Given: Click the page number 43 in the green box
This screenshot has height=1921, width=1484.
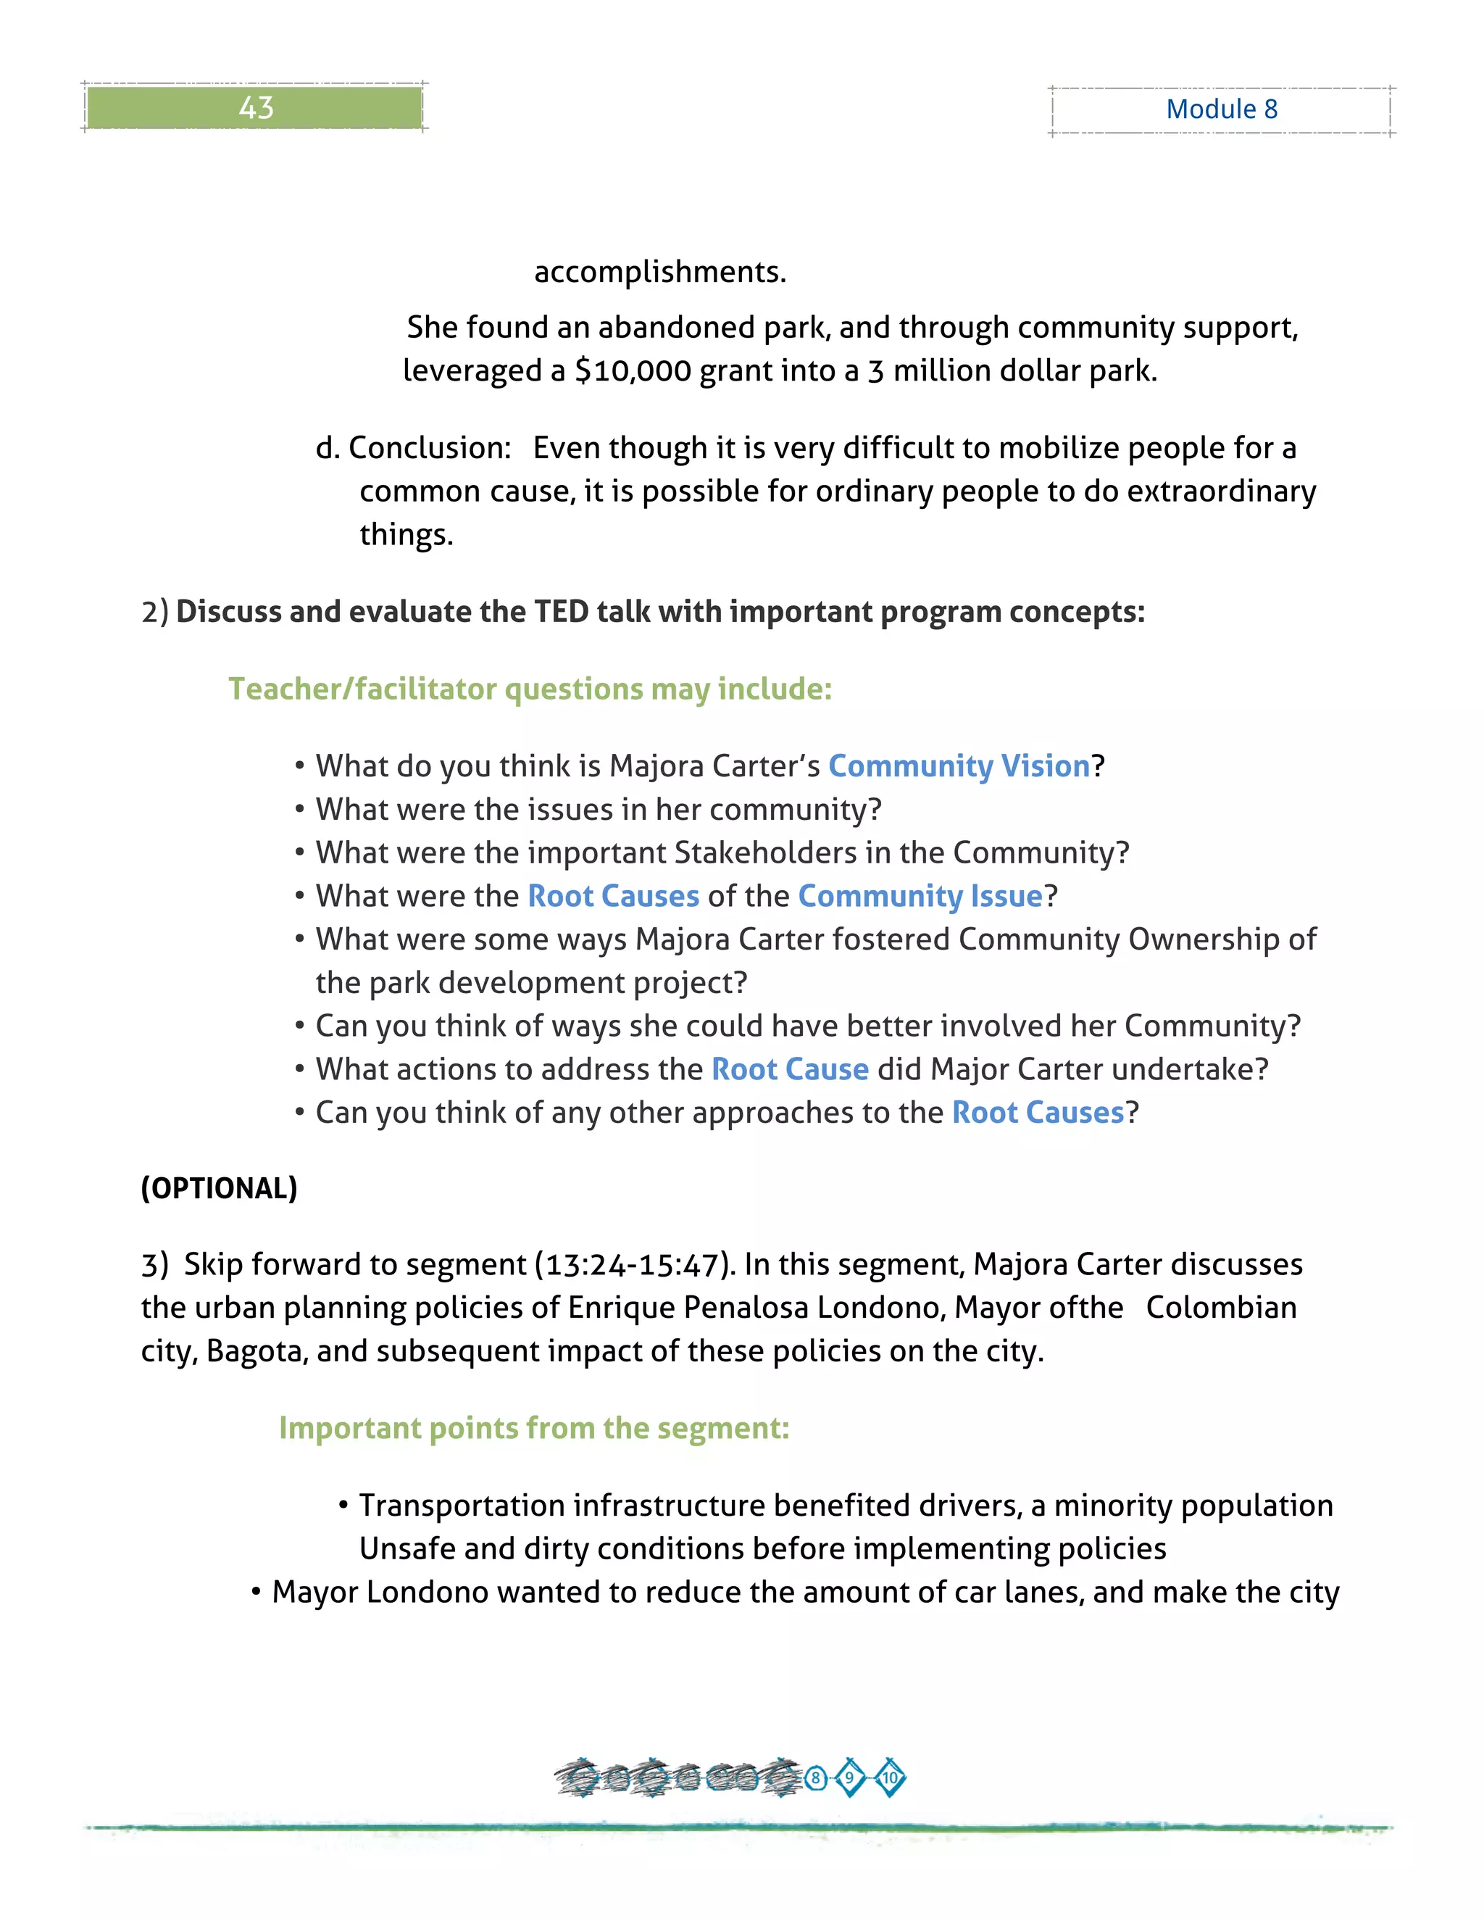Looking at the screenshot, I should (256, 107).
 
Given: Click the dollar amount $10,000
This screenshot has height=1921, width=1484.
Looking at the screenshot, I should (633, 370).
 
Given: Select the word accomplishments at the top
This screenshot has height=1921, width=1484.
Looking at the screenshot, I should (659, 272).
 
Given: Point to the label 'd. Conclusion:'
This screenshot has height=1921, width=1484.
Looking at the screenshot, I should (413, 448).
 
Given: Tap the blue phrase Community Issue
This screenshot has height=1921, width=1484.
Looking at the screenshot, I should (920, 896).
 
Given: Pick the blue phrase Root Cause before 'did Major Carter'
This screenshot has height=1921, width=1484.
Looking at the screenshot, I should (790, 1069).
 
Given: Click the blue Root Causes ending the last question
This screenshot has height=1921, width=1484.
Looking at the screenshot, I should (1038, 1113).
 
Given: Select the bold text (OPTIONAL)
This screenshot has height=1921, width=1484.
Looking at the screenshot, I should (219, 1188).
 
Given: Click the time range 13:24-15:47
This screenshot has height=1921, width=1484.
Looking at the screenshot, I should (632, 1265).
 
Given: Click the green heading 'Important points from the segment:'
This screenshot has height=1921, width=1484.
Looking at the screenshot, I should (533, 1429).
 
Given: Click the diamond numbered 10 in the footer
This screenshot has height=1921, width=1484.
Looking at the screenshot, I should (890, 1778).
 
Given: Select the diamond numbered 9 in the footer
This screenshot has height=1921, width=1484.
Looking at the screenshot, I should (849, 1778).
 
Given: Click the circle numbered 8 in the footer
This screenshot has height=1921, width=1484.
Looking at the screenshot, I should (816, 1778).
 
